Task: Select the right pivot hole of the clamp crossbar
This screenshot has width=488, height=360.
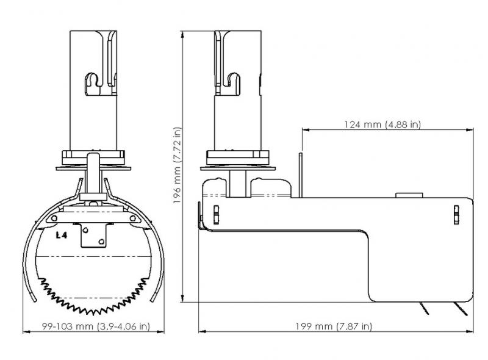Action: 131,218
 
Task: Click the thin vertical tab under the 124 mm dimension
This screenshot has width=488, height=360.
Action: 301,174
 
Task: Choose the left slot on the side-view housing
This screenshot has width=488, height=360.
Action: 215,215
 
